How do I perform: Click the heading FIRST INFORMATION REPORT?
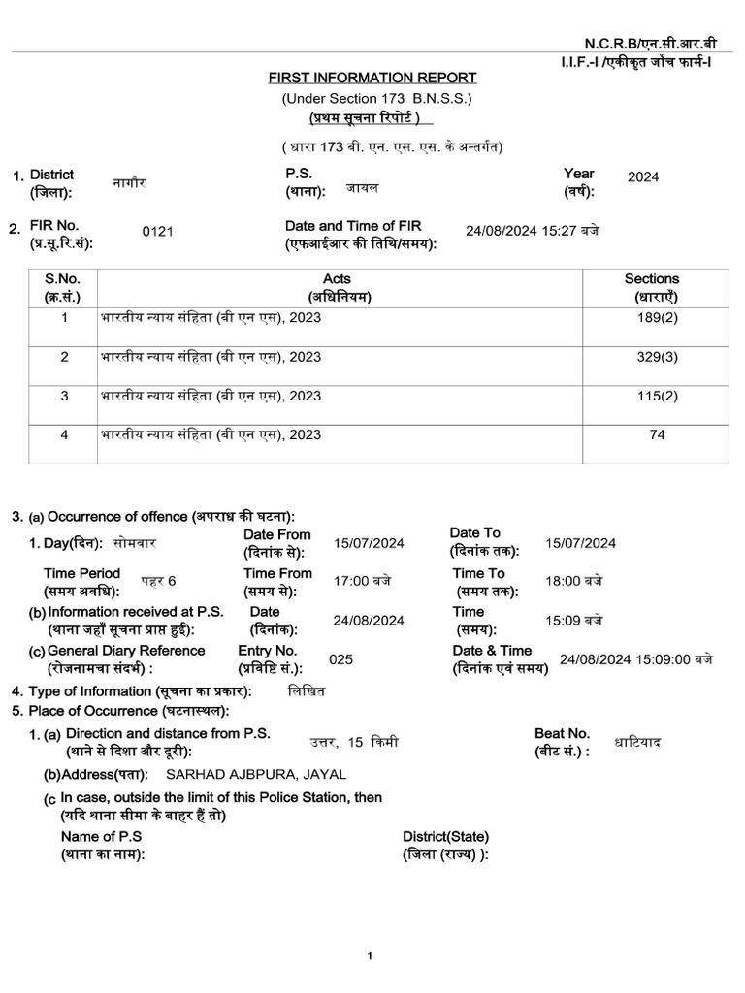point(372,78)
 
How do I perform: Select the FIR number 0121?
point(157,231)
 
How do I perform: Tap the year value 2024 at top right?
point(643,176)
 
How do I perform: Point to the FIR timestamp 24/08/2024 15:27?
point(533,231)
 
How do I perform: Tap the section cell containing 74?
point(657,435)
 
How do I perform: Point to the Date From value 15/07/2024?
point(369,543)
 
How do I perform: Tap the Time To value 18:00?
point(573,581)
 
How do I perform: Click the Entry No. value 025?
point(341,659)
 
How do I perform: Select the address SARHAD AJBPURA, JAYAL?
point(256,774)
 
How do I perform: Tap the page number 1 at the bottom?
point(370,957)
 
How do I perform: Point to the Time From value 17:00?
point(363,581)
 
